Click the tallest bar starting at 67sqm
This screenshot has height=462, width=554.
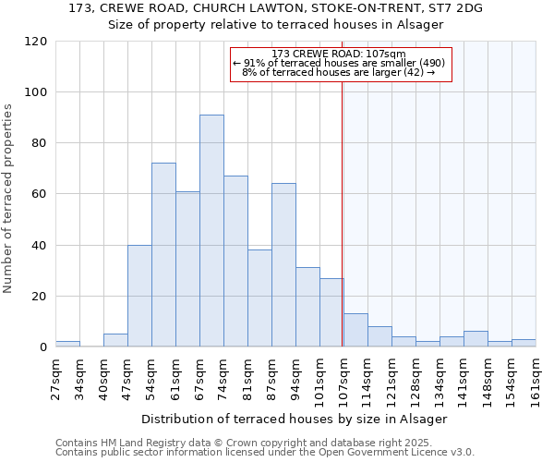click(x=211, y=231)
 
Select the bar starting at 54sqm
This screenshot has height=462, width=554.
click(x=163, y=255)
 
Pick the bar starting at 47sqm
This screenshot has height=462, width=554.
click(x=139, y=296)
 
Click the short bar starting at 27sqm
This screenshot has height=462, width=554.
click(x=67, y=344)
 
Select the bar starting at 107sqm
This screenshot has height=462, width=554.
click(x=355, y=331)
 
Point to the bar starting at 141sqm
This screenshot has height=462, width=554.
click(x=476, y=339)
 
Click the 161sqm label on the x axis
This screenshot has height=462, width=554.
click(x=536, y=379)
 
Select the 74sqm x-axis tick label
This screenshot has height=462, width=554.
click(x=223, y=379)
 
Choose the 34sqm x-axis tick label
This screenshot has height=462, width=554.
click(x=79, y=379)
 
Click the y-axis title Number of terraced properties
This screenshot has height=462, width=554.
click(x=9, y=199)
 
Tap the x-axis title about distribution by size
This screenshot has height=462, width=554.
click(x=295, y=419)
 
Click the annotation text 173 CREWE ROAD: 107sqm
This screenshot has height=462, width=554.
click(x=340, y=54)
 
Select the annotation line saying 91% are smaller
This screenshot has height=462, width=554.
click(x=340, y=63)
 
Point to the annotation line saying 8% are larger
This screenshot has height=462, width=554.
click(x=340, y=72)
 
